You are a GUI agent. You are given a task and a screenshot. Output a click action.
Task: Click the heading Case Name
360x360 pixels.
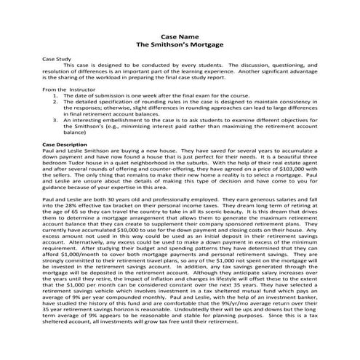click(x=180, y=36)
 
